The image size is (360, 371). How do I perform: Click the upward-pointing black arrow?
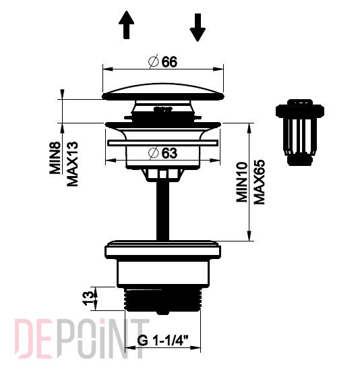click(127, 25)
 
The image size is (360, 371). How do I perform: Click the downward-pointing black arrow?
click(198, 28)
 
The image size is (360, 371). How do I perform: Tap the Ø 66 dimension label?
click(163, 62)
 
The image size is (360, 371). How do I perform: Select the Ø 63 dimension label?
click(162, 153)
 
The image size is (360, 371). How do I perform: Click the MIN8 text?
click(55, 158)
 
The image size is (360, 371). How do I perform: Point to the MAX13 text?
click(72, 164)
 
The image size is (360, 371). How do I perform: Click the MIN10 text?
click(242, 182)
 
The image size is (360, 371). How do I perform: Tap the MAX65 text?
click(260, 181)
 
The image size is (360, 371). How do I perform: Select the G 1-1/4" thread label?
click(162, 341)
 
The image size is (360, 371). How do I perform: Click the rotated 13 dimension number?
click(88, 299)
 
